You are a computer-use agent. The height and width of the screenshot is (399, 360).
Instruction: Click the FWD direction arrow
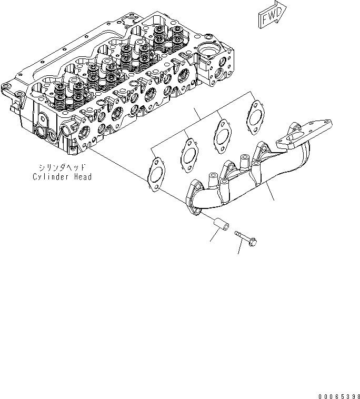point(272,14)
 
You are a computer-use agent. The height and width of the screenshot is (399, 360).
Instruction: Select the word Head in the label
point(82,176)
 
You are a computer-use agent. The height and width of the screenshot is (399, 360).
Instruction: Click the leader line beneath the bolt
point(240,249)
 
